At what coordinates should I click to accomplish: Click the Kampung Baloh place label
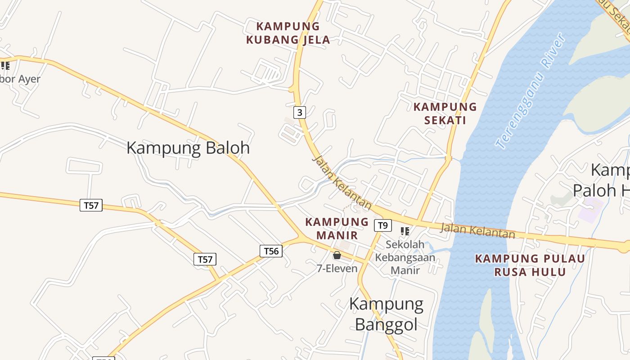pos(188,148)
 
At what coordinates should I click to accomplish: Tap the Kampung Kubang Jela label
pos(288,33)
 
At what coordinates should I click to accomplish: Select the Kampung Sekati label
pos(445,113)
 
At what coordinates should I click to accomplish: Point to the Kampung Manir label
pos(337,228)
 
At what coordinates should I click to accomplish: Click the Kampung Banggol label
pos(386,314)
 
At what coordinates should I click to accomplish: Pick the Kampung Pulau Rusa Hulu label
pos(530,265)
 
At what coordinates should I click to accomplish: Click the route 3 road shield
pos(299,112)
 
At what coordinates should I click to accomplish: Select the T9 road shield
pos(382,225)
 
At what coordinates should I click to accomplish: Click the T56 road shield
pos(271,251)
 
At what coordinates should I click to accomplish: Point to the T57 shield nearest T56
pos(205,259)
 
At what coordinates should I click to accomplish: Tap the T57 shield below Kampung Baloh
pos(91,205)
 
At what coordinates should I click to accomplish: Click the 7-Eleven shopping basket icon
pos(337,255)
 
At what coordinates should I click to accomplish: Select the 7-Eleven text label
pos(337,269)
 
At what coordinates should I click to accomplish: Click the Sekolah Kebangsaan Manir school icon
pos(405,231)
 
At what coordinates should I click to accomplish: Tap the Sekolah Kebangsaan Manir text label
pos(405,257)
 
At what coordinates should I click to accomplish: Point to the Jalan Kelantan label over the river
pos(477,230)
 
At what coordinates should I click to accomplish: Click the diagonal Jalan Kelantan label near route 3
pos(342,183)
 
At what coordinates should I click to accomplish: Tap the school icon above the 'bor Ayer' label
pos(5,66)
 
